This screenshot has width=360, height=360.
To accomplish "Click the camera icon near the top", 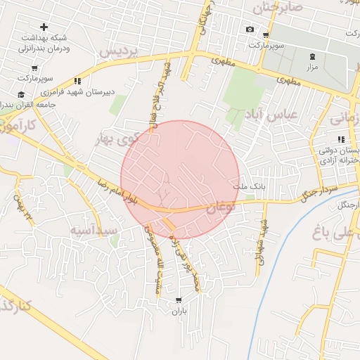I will [x=250, y=29].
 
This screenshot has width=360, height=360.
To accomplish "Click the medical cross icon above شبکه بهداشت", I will [x=44, y=27].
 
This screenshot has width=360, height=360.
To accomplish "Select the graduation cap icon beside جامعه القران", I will [x=21, y=94].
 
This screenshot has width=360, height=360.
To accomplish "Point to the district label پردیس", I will [x=116, y=53].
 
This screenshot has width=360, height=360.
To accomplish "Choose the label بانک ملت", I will [x=248, y=188].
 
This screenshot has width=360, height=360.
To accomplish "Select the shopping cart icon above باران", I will [x=178, y=300].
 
